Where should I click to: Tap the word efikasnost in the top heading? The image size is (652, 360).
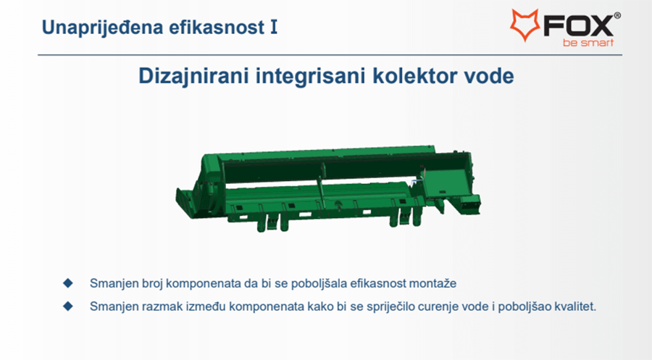coord(217,27)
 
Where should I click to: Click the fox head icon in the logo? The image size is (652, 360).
coord(524,25)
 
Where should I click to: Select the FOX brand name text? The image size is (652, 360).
coord(578,26)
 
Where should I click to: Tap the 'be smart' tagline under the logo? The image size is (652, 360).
coord(588,43)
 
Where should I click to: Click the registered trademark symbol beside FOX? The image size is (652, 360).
coord(617,16)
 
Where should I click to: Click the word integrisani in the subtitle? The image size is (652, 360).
coord(311,77)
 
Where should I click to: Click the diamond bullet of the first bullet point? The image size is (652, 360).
coord(68,283)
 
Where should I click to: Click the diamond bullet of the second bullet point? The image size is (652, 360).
coord(68,306)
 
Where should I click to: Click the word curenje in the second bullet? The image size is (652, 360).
coord(439,307)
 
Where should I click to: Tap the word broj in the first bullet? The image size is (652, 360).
coord(152,284)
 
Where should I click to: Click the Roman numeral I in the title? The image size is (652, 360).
coord(274,27)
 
